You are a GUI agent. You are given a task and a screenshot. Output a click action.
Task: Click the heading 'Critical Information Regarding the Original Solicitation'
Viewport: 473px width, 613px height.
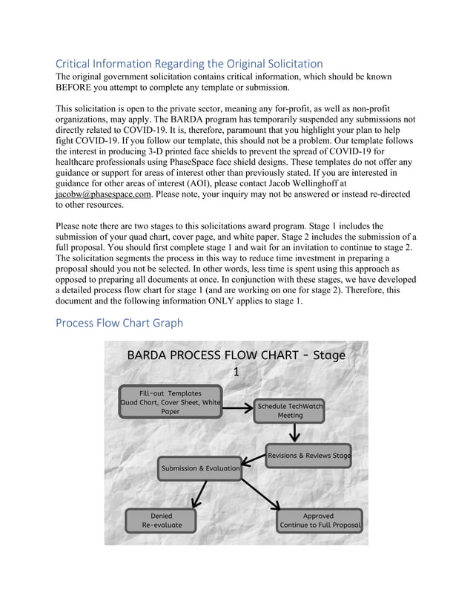(189, 64)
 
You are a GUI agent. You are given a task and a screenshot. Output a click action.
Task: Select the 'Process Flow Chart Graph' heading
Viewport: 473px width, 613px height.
(119, 323)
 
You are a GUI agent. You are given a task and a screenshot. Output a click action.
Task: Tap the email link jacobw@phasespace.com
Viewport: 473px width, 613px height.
(103, 194)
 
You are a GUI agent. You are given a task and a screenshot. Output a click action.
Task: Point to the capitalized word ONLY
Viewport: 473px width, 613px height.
(230, 301)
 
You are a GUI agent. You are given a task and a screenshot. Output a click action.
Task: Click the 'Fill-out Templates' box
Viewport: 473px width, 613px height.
(171, 401)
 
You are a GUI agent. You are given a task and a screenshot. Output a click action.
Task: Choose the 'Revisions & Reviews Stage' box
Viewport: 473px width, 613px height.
(308, 455)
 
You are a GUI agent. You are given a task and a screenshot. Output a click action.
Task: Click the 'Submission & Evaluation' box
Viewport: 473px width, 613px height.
(200, 468)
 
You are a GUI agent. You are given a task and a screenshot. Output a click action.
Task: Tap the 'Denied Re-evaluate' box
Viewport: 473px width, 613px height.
(162, 520)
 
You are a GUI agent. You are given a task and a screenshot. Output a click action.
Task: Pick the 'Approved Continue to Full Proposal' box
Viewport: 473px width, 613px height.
(320, 520)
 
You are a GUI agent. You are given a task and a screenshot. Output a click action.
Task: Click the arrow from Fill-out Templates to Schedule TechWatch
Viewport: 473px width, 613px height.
(237, 407)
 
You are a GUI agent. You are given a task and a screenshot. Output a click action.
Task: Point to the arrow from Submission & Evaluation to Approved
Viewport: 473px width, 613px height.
(260, 493)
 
